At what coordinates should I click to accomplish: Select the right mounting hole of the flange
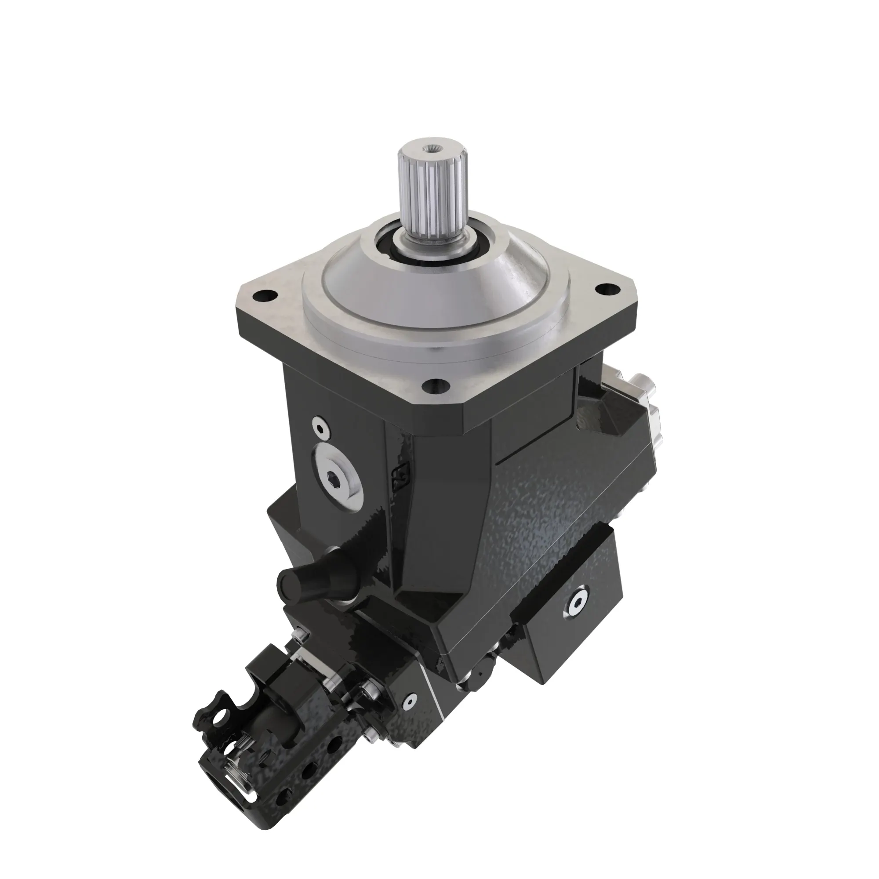pos(604,289)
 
